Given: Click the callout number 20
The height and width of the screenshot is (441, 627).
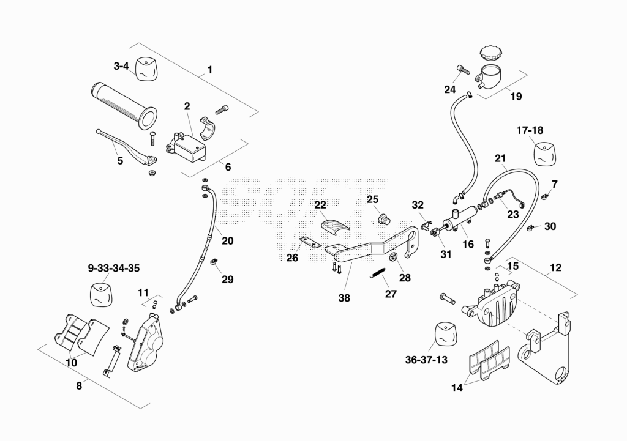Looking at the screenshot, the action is (x=228, y=241).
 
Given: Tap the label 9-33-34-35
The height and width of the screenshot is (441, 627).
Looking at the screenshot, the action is (x=114, y=268).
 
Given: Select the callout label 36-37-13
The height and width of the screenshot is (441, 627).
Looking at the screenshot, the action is (x=426, y=360).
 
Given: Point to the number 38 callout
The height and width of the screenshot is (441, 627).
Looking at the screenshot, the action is (x=344, y=298).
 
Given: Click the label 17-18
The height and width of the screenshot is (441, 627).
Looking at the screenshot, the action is (x=530, y=130).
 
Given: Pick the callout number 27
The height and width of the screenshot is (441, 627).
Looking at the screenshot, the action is (x=391, y=294).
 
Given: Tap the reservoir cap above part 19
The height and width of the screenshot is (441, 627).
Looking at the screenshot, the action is (x=489, y=53).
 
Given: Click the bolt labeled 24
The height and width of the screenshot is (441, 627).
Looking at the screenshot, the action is (x=463, y=70).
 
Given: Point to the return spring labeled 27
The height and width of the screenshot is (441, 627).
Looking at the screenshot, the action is (x=377, y=273).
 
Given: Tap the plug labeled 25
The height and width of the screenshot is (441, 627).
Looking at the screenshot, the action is (x=385, y=219).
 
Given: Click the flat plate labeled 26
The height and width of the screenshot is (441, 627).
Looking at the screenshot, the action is (x=310, y=242).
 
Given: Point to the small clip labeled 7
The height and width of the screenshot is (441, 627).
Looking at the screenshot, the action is (x=544, y=196).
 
